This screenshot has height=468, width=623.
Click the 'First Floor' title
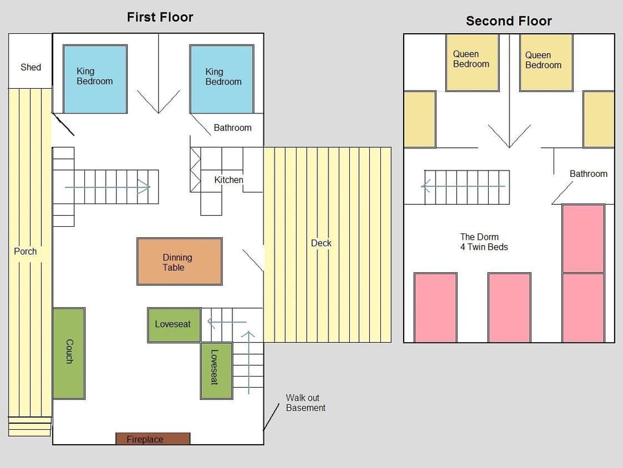(160, 17)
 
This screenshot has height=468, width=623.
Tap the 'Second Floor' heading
(509, 21)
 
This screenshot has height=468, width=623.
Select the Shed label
(31, 67)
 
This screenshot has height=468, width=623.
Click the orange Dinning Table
(179, 262)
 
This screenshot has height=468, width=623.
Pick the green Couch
(69, 353)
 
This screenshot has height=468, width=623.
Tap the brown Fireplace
(153, 439)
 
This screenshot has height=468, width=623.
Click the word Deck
(321, 243)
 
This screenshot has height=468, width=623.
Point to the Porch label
(25, 252)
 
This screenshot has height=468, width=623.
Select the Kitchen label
(228, 180)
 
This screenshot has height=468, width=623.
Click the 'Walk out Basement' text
(306, 403)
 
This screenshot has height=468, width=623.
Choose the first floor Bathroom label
(232, 128)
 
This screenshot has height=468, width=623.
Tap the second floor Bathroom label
(589, 174)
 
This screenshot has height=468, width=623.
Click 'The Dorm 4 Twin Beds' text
(484, 242)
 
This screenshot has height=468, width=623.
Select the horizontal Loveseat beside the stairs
(174, 325)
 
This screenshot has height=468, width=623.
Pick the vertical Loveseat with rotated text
(217, 371)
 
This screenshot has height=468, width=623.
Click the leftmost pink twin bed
(435, 307)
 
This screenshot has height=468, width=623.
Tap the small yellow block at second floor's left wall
(420, 119)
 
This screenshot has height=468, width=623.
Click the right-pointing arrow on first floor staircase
(108, 187)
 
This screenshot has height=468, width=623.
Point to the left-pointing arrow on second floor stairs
(463, 186)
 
